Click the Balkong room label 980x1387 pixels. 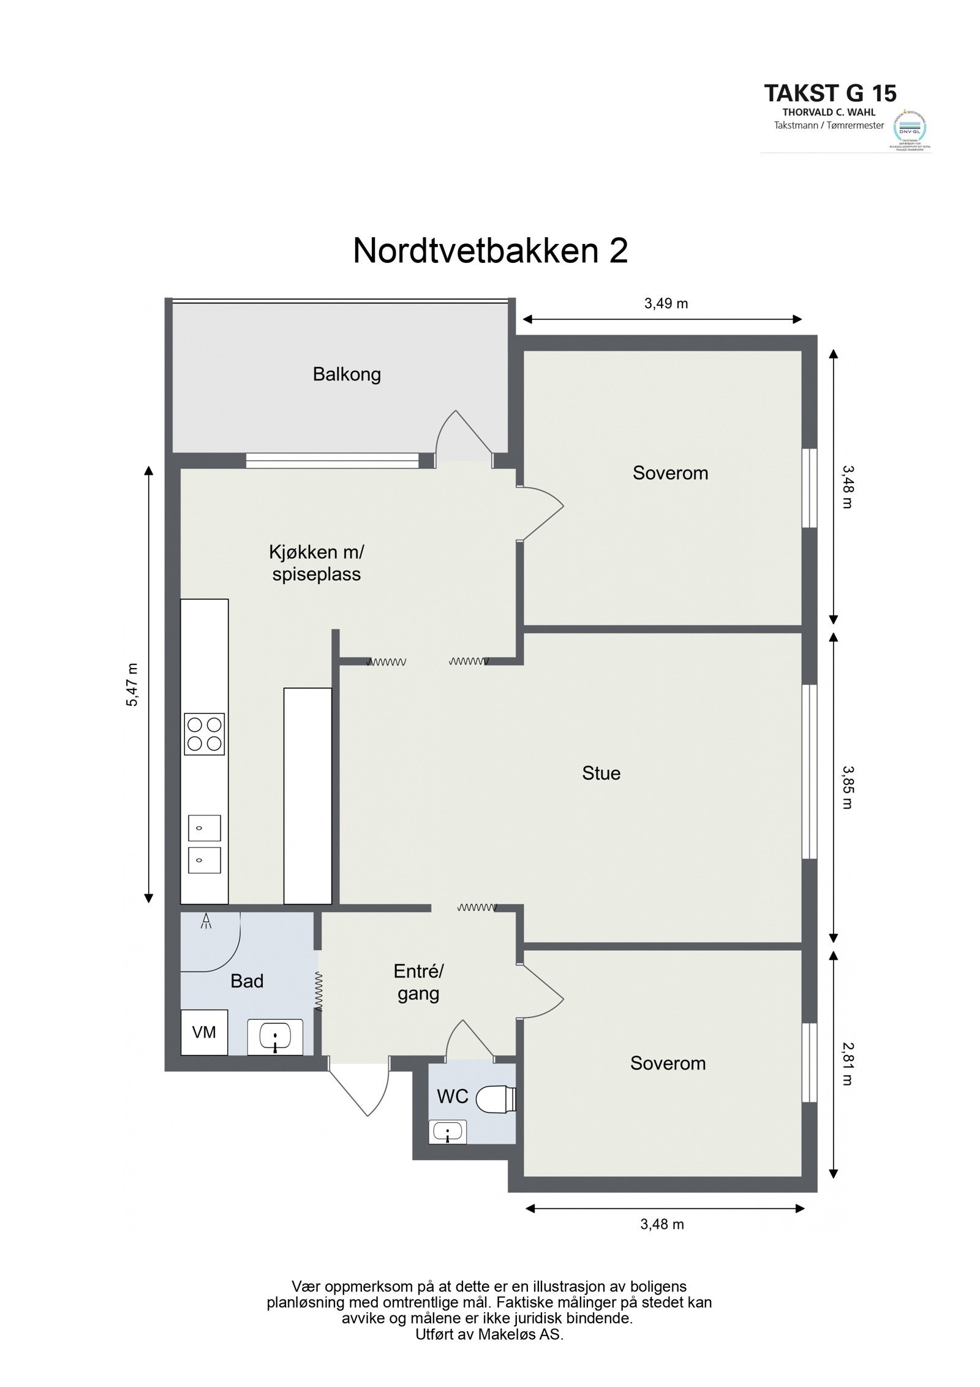pyautogui.click(x=347, y=374)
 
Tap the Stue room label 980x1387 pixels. pyautogui.click(x=601, y=773)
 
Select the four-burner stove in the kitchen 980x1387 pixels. pyautogui.click(x=204, y=734)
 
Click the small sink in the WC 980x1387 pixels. pyautogui.click(x=449, y=1131)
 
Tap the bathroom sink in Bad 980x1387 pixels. pyautogui.click(x=275, y=1036)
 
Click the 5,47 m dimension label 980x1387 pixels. pyautogui.click(x=132, y=685)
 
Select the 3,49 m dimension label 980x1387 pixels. pyautogui.click(x=666, y=303)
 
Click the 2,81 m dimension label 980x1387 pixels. pyautogui.click(x=846, y=1063)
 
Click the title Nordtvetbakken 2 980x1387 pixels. pyautogui.click(x=490, y=251)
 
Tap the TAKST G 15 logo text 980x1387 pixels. pyautogui.click(x=830, y=93)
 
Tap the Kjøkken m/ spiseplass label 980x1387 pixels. pyautogui.click(x=316, y=563)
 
